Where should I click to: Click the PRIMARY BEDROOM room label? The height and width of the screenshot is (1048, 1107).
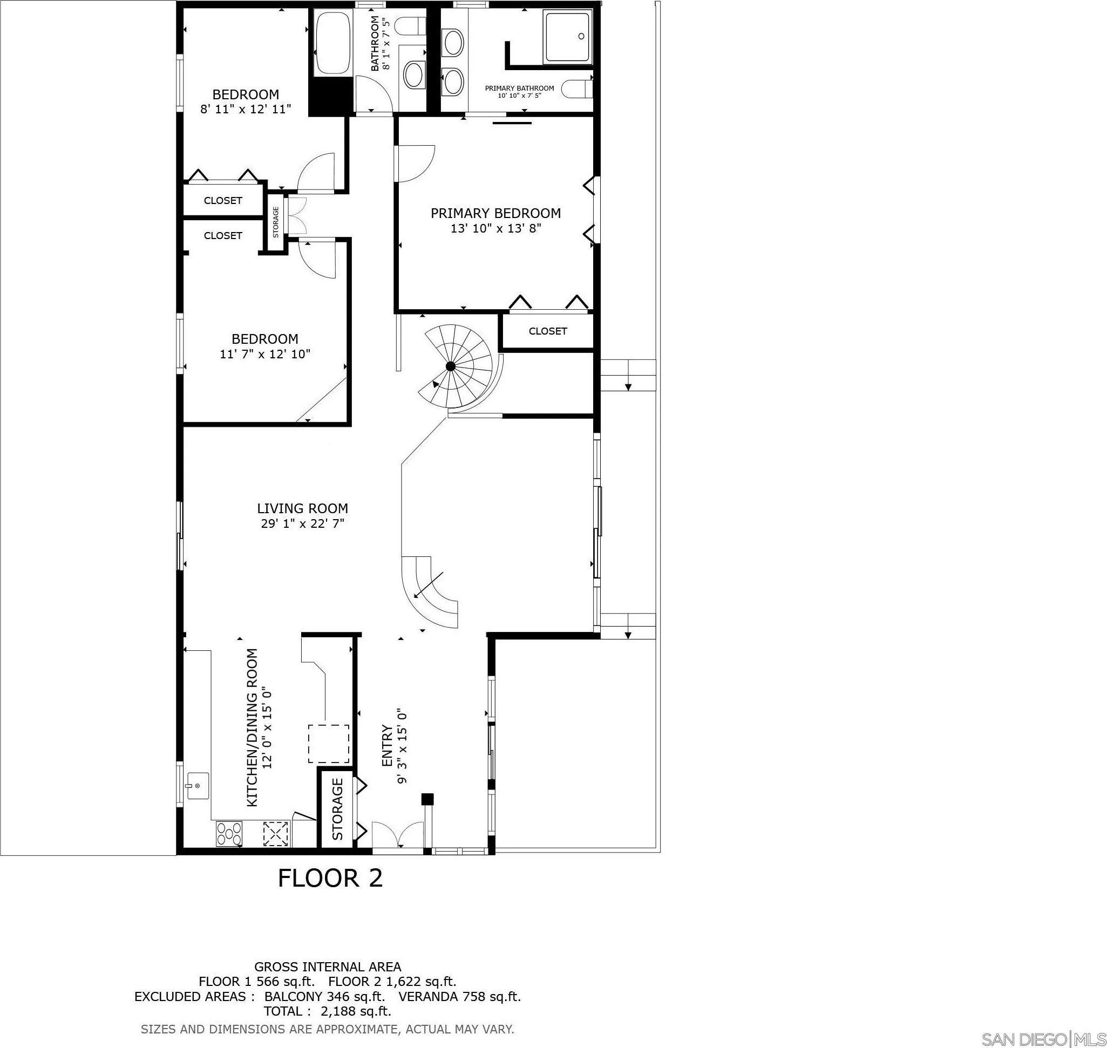pos(495,213)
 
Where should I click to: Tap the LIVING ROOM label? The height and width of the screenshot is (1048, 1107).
pos(302,508)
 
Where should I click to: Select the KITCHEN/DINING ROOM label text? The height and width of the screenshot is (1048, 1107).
pos(252,727)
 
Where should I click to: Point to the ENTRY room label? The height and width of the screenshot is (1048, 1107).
pos(386,746)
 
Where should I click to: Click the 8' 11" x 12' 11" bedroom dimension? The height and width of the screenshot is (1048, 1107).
pos(246,110)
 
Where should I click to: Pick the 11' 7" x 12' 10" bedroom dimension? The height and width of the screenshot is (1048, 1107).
pos(266,354)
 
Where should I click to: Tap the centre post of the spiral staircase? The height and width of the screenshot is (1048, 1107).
pos(450,366)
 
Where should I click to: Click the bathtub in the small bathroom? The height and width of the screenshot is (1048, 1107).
pos(334,44)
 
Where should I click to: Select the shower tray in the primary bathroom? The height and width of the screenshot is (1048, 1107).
pos(567,36)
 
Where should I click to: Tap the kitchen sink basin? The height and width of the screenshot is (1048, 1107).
pos(197,787)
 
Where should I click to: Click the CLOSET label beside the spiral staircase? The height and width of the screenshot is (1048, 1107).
pos(548,331)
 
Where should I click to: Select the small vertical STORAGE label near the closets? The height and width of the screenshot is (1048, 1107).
pos(275,222)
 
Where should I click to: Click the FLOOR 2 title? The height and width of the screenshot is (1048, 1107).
pos(330,894)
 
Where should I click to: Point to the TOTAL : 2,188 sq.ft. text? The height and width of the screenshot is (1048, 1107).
pos(327,1011)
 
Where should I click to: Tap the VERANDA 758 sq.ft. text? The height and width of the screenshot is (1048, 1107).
pos(459,997)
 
